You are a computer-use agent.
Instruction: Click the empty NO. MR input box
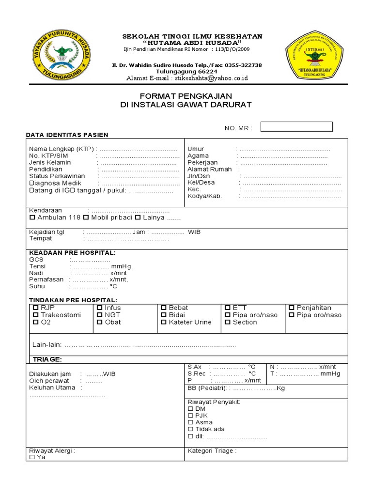tap(296, 127)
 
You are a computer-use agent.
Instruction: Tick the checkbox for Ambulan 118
tap(32, 218)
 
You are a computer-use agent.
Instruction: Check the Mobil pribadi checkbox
tap(86, 218)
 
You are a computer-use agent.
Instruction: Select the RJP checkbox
tap(35, 308)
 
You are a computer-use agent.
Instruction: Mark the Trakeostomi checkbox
tap(35, 315)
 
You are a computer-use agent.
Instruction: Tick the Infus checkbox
tap(99, 308)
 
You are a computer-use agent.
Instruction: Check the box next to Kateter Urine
tap(164, 322)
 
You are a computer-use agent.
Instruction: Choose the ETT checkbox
tap(228, 308)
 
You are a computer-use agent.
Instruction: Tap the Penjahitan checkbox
tap(292, 308)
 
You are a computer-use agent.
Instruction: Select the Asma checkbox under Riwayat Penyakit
tap(190, 422)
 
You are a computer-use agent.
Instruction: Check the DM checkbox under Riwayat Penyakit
tap(190, 409)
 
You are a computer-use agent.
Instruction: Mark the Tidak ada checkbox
tap(190, 429)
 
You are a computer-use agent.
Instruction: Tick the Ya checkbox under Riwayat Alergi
tap(32, 457)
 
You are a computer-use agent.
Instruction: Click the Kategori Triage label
tap(212, 451)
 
